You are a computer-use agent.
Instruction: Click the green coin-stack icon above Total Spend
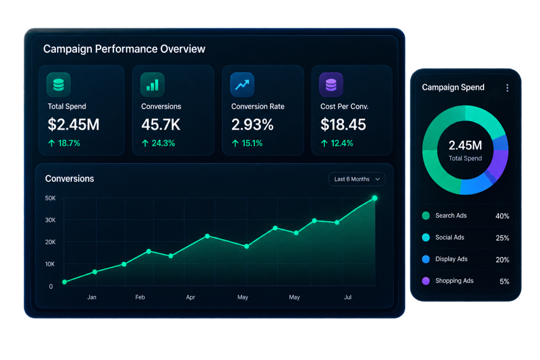pyautogui.click(x=59, y=85)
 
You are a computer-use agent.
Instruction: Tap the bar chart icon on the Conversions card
pyautogui.click(x=152, y=85)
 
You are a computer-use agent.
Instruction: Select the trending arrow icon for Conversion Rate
pyautogui.click(x=242, y=85)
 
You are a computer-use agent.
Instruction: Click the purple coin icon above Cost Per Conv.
pyautogui.click(x=331, y=85)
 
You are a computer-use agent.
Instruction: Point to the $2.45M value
pyautogui.click(x=73, y=124)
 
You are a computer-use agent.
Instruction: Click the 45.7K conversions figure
pyautogui.click(x=160, y=124)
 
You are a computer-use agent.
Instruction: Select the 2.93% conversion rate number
pyautogui.click(x=252, y=124)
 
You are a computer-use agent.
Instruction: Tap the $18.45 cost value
pyautogui.click(x=343, y=124)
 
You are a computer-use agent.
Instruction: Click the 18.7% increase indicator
pyautogui.click(x=64, y=143)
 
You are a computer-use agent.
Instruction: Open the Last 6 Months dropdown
pyautogui.click(x=357, y=179)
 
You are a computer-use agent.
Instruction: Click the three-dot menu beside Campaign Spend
pyautogui.click(x=507, y=88)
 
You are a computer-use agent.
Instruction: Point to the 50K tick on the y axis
pyautogui.click(x=50, y=198)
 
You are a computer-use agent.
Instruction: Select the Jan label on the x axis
pyautogui.click(x=92, y=297)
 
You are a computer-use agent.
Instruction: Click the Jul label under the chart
pyautogui.click(x=348, y=297)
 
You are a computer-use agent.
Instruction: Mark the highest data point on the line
pyautogui.click(x=375, y=198)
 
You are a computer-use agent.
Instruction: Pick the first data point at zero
pyautogui.click(x=64, y=282)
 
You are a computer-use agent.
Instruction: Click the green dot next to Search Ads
pyautogui.click(x=426, y=216)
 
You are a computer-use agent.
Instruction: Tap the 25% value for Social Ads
pyautogui.click(x=503, y=238)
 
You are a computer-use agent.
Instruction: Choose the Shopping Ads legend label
pyautogui.click(x=454, y=281)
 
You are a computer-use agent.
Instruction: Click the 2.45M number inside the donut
pyautogui.click(x=465, y=145)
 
